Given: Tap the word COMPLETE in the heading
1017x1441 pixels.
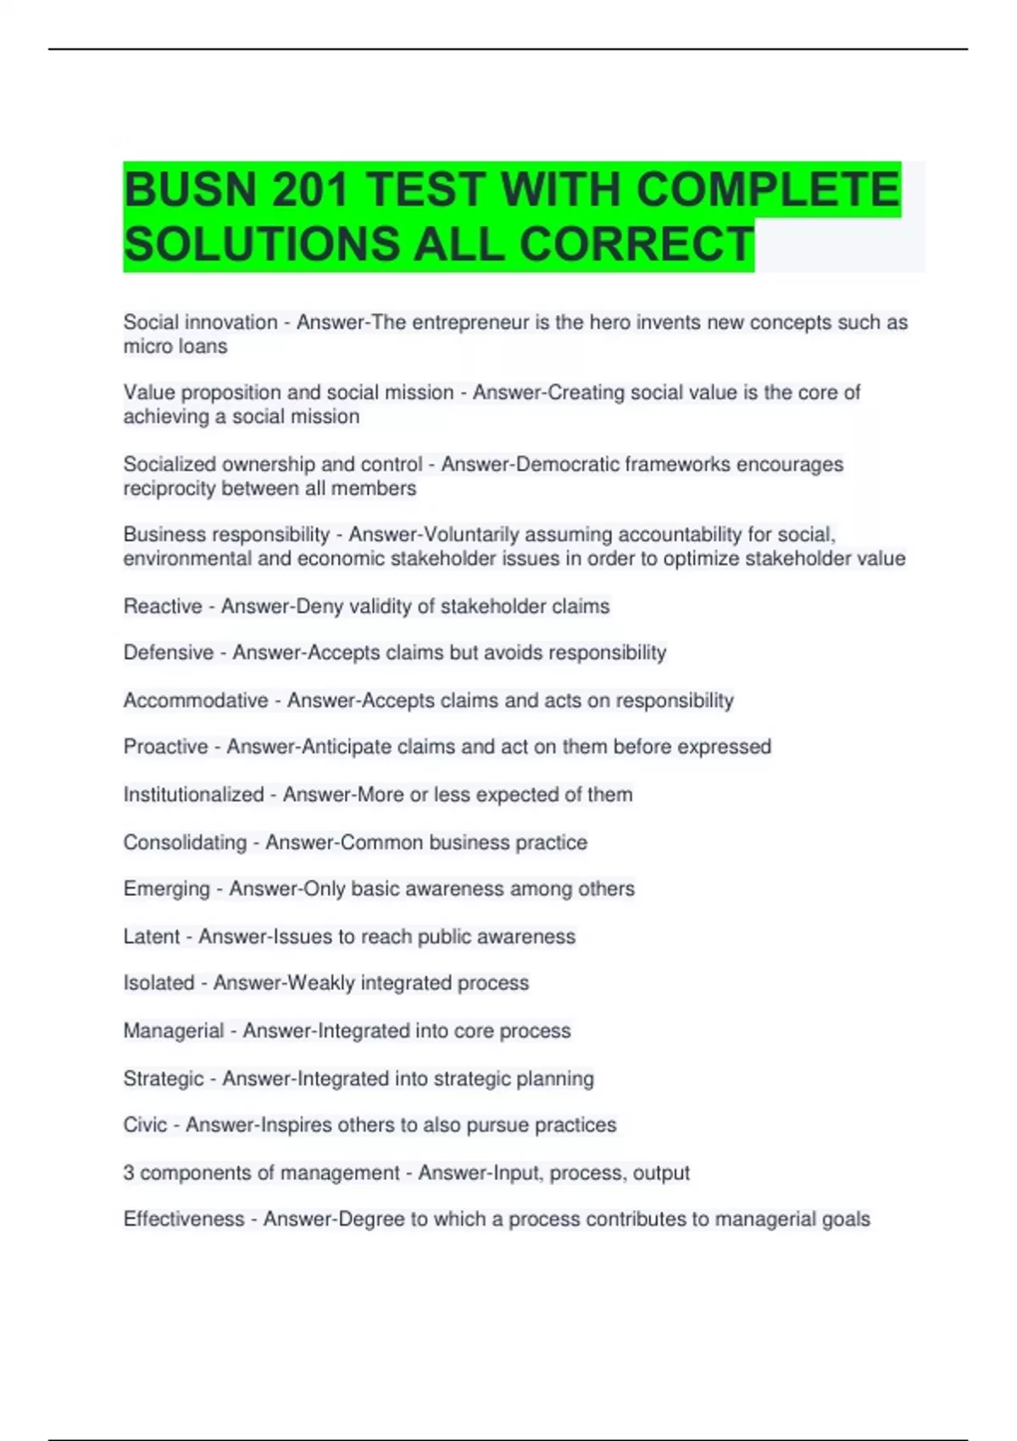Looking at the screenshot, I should click(768, 190).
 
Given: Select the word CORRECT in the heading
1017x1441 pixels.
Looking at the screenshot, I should click(636, 245).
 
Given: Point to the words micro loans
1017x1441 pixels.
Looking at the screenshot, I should click(175, 347).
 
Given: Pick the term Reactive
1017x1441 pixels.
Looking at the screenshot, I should click(163, 607).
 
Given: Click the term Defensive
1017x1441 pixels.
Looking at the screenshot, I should click(169, 653).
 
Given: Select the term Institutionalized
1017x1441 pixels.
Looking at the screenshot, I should click(194, 795).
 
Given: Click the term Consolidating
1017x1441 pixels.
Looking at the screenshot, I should click(185, 843).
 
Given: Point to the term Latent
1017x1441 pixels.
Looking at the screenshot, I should click(152, 937).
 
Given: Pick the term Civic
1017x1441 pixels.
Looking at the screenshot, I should click(145, 1125).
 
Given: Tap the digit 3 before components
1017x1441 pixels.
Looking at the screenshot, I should click(129, 1173).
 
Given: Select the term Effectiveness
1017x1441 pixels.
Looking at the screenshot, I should click(184, 1220).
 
